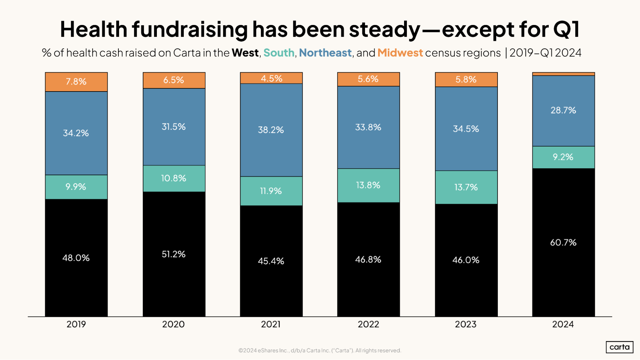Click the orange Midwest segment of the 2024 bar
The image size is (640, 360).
[x=563, y=74]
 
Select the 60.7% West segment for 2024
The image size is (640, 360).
[x=563, y=242]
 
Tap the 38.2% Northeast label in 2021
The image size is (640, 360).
[x=271, y=130]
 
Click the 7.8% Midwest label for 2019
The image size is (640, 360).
[x=76, y=81]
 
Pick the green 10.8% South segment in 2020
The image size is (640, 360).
[x=174, y=178]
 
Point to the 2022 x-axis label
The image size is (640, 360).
[x=368, y=324]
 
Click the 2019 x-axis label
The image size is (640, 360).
[x=76, y=324]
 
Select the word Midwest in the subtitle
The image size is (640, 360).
[x=400, y=53]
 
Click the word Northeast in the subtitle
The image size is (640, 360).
[x=325, y=53]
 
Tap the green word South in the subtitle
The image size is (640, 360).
[x=279, y=53]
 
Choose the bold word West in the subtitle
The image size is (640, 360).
[x=245, y=53]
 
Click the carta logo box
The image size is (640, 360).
[x=619, y=347]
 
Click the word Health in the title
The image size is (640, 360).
[x=93, y=29]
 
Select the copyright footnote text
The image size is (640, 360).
[x=320, y=350]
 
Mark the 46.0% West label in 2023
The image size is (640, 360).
[x=466, y=260]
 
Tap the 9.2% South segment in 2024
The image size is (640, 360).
[x=563, y=157]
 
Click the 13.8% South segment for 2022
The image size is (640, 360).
[x=368, y=185]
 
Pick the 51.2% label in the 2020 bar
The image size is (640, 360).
[x=174, y=254]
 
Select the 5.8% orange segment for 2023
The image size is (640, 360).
[x=466, y=79]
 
